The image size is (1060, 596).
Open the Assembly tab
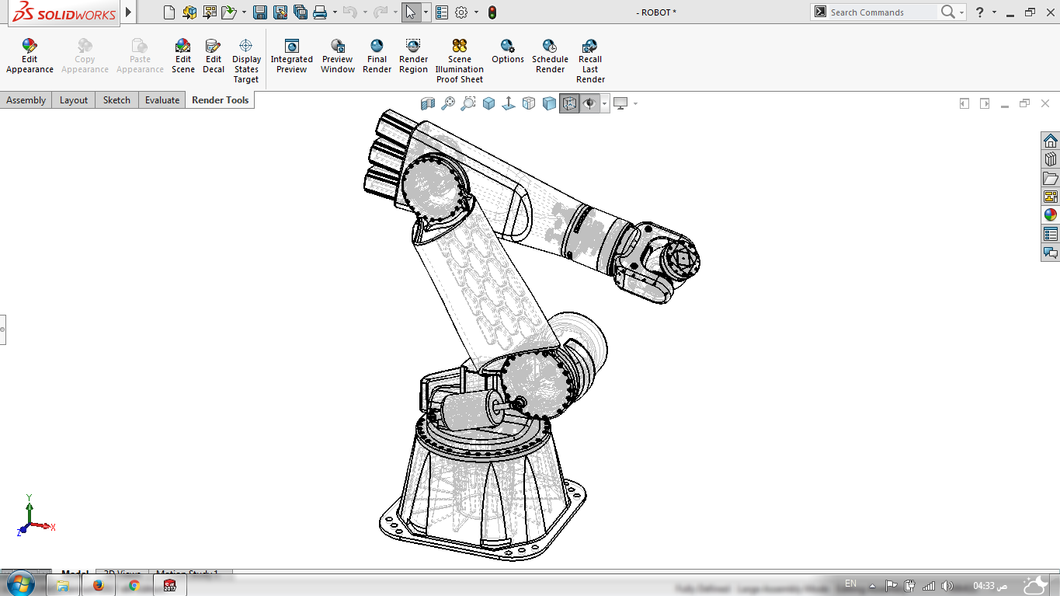pos(26,100)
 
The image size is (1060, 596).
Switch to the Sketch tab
pos(116,100)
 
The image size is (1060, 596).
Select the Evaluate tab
pos(162,100)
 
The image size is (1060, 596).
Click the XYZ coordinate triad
pos(30,519)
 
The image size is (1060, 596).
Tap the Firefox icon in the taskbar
pos(98,585)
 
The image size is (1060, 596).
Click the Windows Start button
pos(21,584)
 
